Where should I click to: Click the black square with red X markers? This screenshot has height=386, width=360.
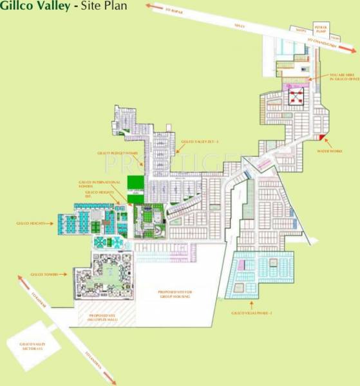[296, 97]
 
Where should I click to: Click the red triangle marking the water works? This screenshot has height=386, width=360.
[318, 138]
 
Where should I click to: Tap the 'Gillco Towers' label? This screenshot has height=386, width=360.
[45, 275]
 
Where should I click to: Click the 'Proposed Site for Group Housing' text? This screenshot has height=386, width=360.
[175, 294]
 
